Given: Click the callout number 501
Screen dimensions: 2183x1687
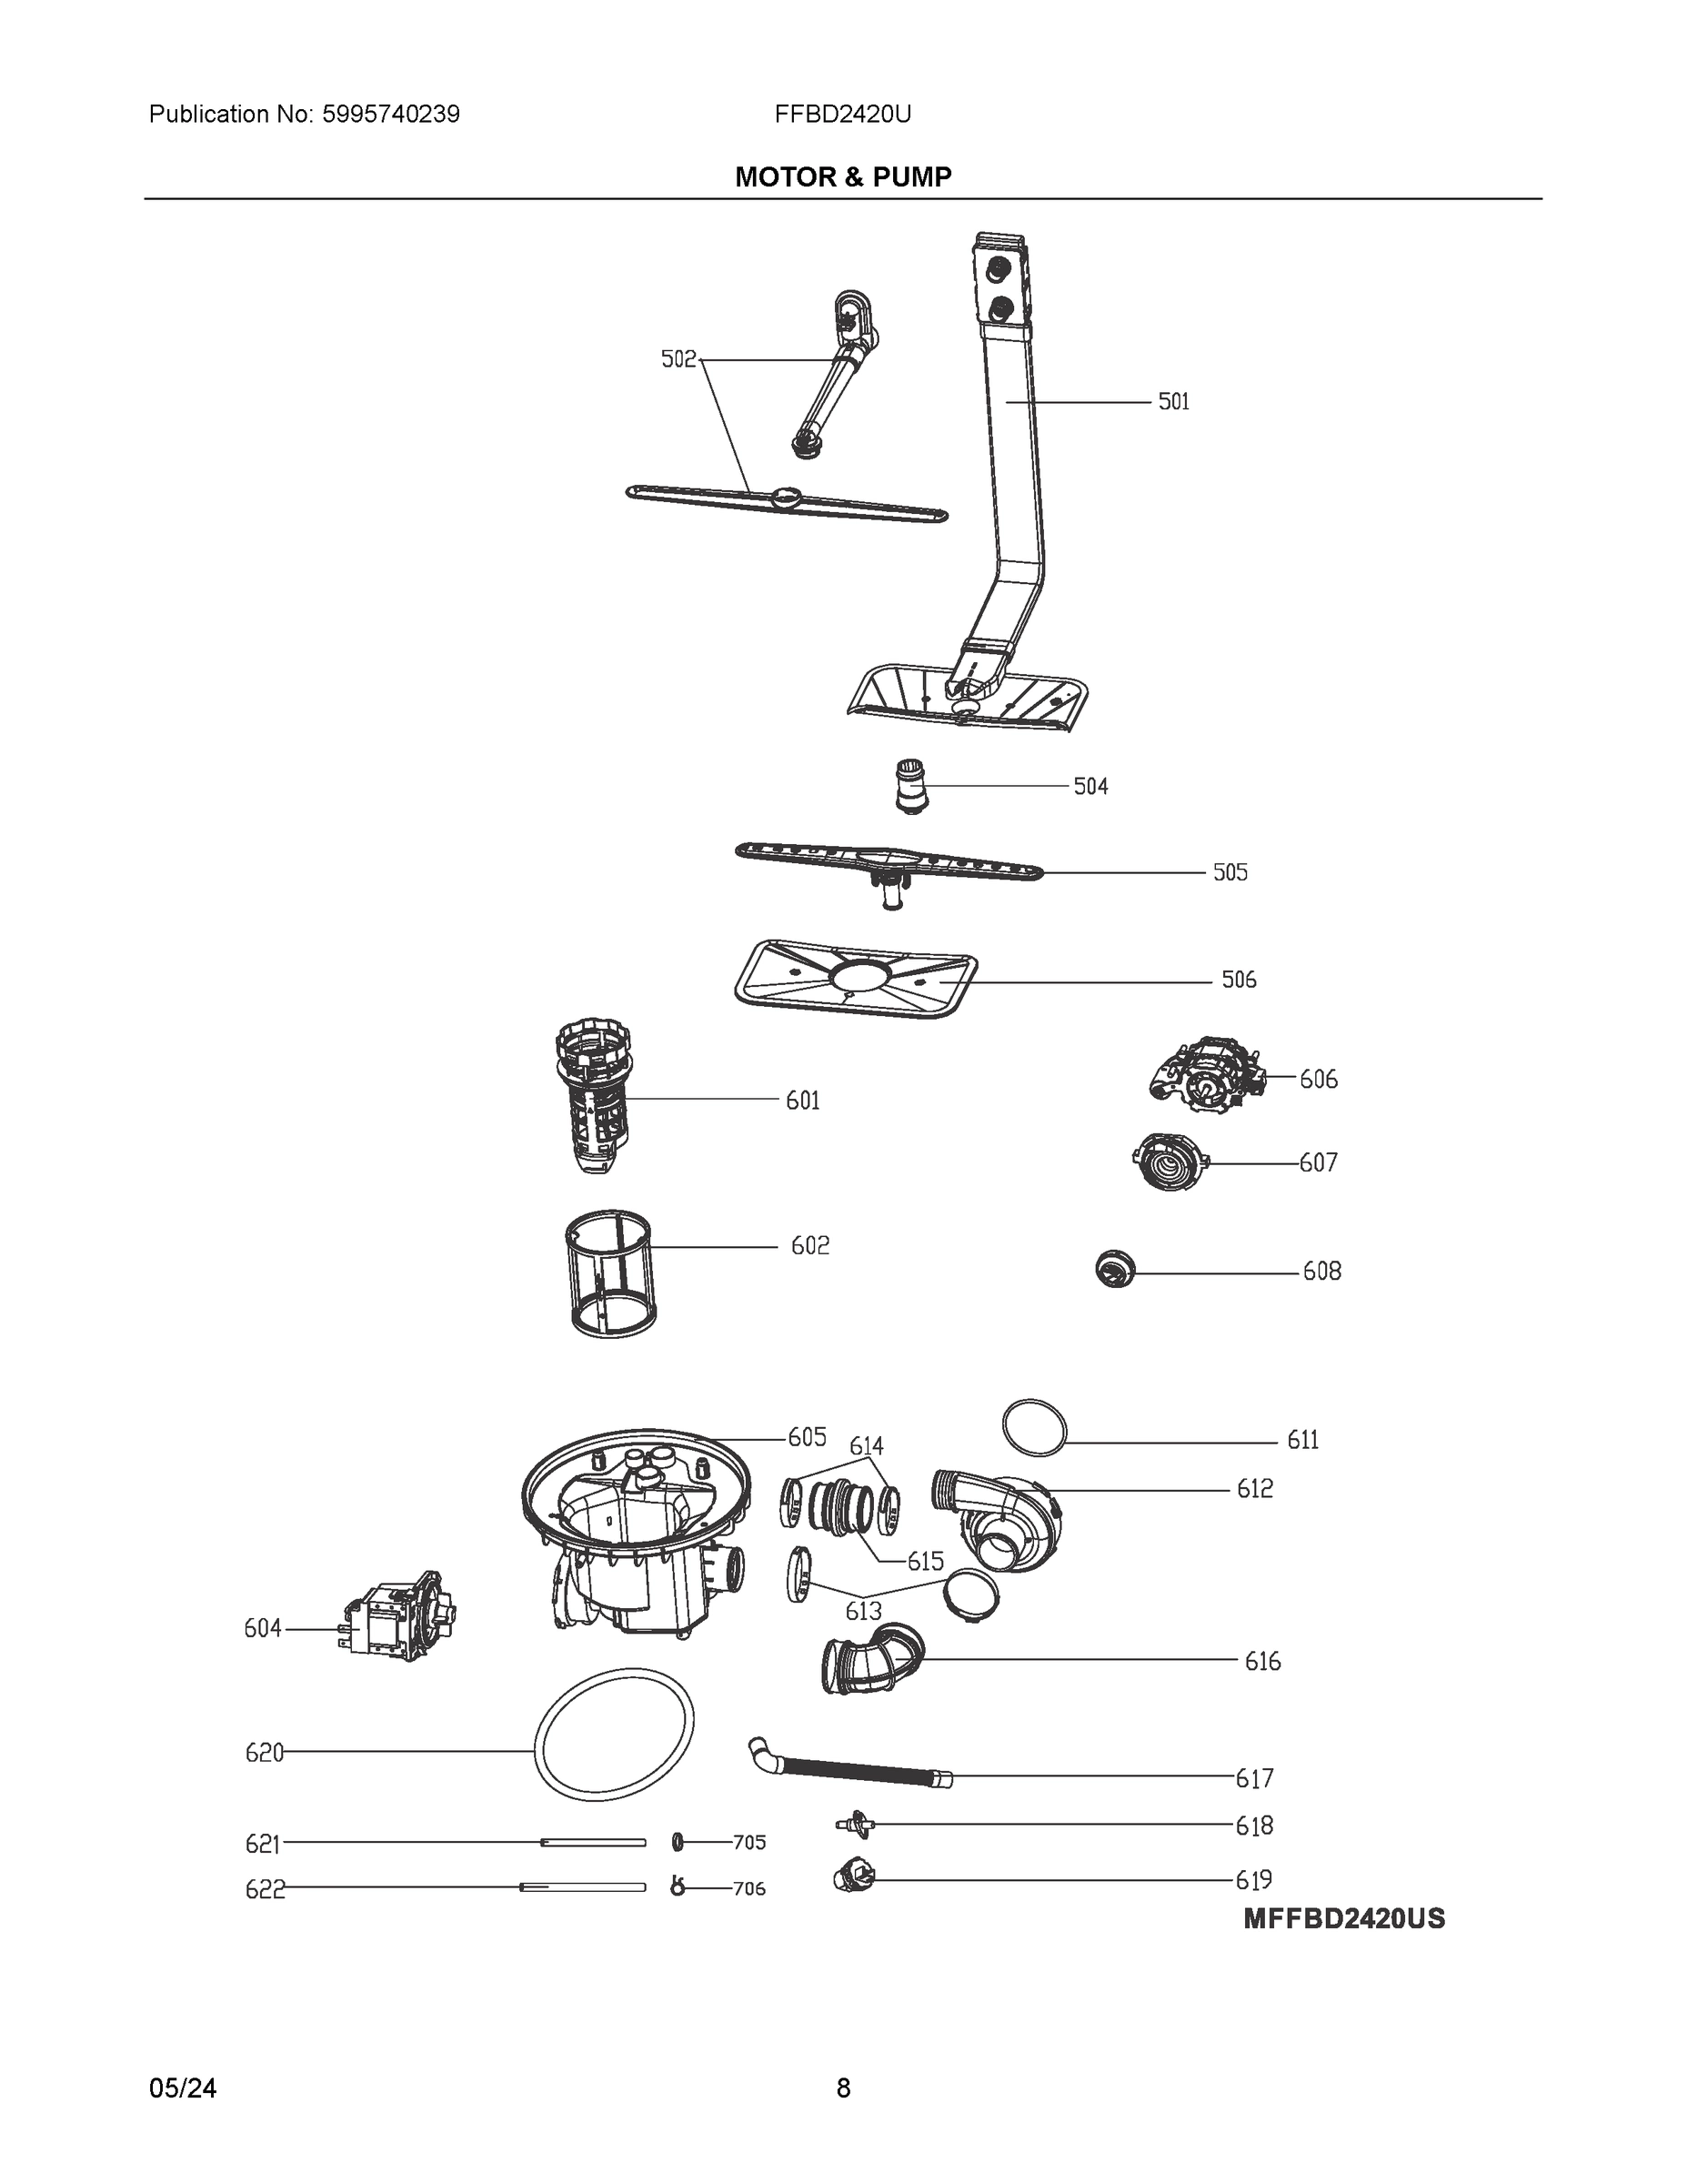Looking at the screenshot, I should tap(1173, 402).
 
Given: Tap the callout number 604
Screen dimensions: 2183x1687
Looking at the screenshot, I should tap(263, 1628).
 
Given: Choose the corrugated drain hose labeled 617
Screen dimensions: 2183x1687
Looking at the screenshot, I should tap(849, 1769).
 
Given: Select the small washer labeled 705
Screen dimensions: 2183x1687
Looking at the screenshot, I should tap(678, 1841).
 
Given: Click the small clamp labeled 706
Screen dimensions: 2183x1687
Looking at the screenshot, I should tap(678, 1887).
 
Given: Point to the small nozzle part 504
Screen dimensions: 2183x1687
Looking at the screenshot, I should tap(909, 786).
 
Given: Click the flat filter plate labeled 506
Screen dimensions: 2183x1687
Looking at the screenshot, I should tap(856, 979).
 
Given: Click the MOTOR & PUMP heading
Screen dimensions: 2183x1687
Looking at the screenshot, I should tap(842, 177).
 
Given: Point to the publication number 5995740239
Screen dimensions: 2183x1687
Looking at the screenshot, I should tap(391, 114).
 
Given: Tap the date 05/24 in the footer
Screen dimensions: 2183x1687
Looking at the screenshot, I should tap(183, 2088).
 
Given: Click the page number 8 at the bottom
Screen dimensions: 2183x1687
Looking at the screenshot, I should tap(842, 2088).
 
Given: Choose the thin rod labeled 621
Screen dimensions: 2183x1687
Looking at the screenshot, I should tap(594, 1841).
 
